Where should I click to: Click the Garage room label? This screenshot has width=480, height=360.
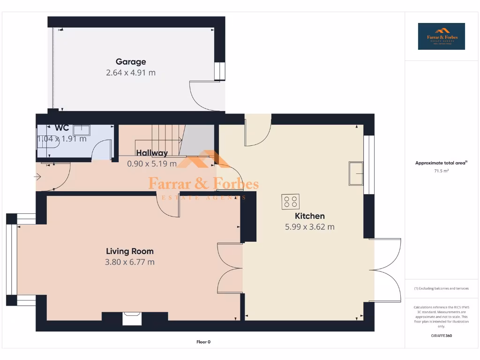click(131, 61)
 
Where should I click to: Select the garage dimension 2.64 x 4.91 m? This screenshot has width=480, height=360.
click(131, 73)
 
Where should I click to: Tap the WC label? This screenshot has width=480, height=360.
click(62, 127)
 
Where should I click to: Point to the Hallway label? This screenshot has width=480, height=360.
click(152, 153)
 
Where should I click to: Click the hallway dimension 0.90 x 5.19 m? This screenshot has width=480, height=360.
click(152, 164)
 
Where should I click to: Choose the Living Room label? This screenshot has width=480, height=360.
click(130, 251)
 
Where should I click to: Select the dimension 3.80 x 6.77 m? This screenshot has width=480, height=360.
click(130, 262)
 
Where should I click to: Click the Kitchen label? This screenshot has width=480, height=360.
click(309, 216)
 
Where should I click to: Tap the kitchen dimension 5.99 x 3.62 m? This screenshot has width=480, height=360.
click(309, 227)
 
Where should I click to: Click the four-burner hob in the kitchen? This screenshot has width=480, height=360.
click(291, 202)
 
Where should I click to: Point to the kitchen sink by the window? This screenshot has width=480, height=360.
click(356, 173)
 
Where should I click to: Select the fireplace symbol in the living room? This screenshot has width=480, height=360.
click(132, 318)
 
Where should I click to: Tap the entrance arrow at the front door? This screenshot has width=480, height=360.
click(37, 177)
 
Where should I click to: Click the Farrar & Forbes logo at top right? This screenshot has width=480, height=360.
click(441, 36)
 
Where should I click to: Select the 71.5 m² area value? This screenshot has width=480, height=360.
click(441, 171)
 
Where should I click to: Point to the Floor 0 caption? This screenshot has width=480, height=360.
click(203, 342)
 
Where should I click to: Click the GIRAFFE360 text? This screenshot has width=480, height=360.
click(441, 336)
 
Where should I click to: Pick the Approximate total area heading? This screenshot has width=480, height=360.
click(441, 163)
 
